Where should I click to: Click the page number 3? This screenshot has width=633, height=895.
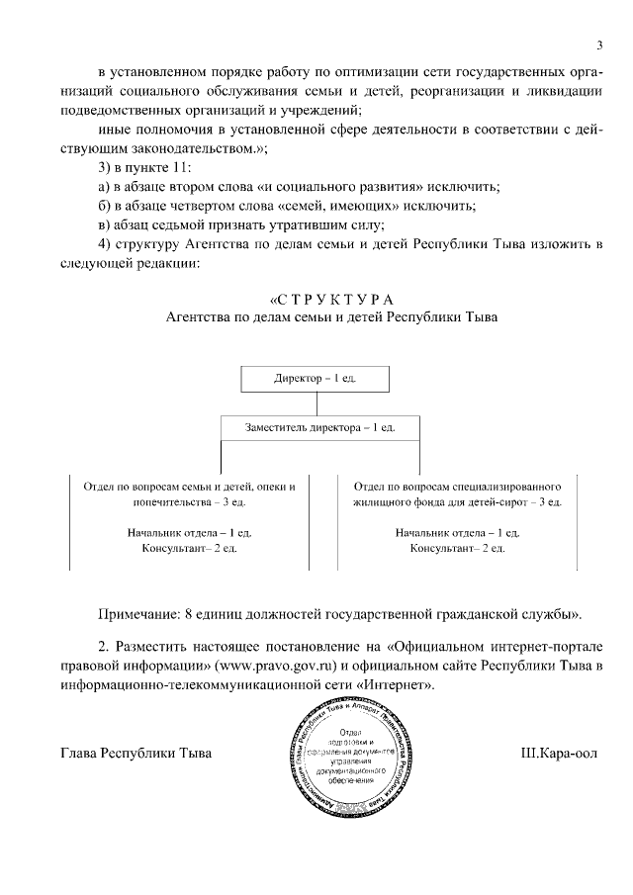(599, 44)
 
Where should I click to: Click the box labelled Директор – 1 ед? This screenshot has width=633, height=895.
(316, 379)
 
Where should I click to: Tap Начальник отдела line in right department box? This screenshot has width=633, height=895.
(458, 532)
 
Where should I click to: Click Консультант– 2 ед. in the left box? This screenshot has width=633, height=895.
(189, 547)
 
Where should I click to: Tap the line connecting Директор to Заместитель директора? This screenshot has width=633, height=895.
(316, 403)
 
